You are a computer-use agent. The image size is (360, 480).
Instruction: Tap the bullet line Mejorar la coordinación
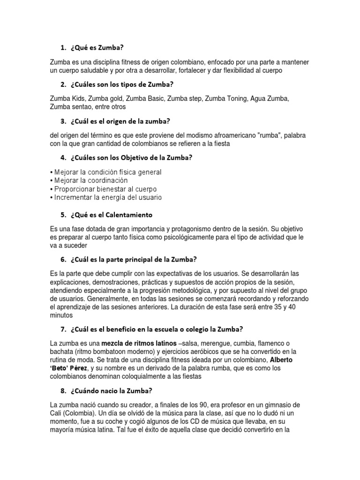(x=90, y=180)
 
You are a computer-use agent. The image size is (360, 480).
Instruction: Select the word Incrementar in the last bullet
(x=73, y=197)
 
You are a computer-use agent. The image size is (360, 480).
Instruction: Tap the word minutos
(x=62, y=315)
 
